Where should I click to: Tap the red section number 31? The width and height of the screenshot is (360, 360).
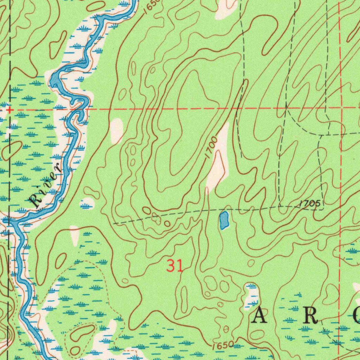pos(175,266)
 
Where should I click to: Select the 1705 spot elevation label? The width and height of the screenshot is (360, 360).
pos(310,204)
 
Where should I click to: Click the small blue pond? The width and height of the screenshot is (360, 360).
pos(224,220)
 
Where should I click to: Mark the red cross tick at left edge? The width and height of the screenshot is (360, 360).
pos(10,110)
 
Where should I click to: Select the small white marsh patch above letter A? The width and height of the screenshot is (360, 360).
pos(252,295)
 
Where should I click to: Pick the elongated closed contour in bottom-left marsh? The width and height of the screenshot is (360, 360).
pos(82,332)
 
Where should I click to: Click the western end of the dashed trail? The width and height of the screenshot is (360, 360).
pos(114,223)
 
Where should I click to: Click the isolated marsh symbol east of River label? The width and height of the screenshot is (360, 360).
pos(87,203)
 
